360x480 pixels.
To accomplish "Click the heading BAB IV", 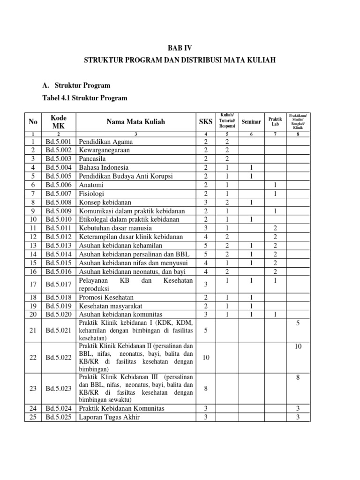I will (x=180, y=48).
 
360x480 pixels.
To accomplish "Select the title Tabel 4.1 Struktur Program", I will (x=85, y=98).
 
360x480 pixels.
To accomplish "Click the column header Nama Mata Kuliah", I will (x=136, y=122).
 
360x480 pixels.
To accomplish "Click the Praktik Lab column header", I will (x=275, y=122).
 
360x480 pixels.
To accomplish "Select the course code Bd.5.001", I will (x=59, y=142).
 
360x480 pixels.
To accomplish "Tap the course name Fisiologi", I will (x=92, y=193).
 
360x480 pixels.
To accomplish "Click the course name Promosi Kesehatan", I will (x=106, y=298).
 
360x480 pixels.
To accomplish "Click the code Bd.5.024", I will (x=59, y=409).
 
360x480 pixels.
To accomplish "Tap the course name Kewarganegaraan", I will (x=104, y=150).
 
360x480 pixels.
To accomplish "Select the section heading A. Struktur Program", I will (x=76, y=85).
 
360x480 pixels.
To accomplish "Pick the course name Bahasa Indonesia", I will (x=104, y=167).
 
